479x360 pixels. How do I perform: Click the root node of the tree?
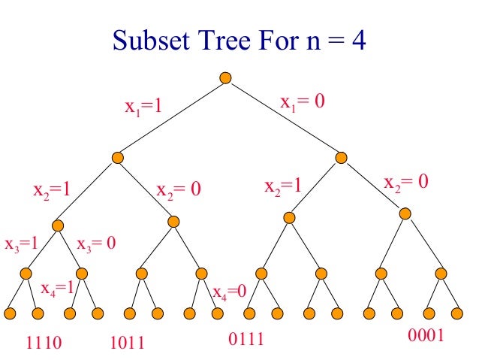pos(224,78)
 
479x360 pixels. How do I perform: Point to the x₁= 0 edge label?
pos(302,102)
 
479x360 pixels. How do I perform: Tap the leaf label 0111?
pos(246,339)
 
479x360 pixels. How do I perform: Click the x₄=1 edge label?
pos(57,288)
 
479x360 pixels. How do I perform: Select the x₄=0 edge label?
pos(229,292)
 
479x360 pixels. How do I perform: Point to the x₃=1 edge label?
pos(20,244)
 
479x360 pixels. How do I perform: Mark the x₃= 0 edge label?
pos(95,244)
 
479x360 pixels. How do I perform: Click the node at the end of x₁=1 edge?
pos(117,157)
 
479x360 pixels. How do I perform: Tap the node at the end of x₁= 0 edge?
pos(342,157)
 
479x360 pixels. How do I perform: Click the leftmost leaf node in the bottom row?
pos(11,313)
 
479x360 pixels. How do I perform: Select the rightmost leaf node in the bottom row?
pos(456,313)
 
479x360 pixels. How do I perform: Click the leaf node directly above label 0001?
pos(428,313)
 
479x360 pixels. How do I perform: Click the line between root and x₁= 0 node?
pos(283,117)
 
